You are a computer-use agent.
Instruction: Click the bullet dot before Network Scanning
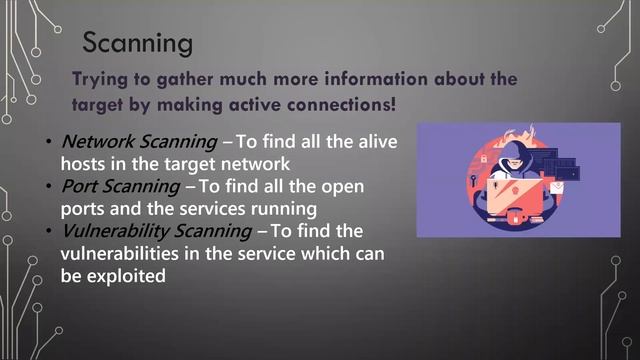(49, 143)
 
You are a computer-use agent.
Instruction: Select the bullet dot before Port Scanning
(49, 188)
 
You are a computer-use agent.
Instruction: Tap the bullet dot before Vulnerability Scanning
(49, 233)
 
